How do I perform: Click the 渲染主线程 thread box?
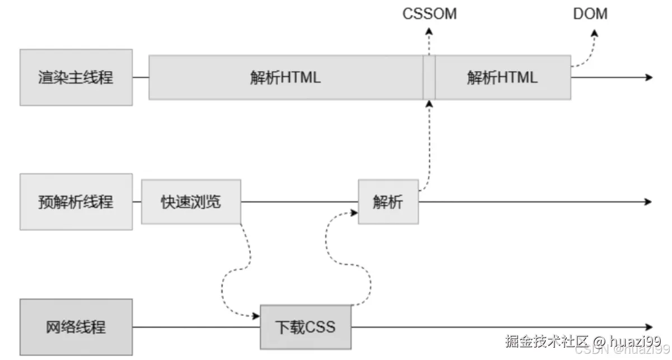click(76, 77)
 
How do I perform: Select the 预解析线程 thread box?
click(76, 202)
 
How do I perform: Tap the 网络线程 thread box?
click(76, 327)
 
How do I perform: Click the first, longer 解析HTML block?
click(286, 77)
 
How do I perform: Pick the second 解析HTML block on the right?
click(503, 77)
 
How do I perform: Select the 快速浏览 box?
click(191, 202)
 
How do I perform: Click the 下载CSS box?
click(306, 327)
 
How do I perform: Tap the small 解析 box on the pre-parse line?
click(388, 202)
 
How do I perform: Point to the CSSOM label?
click(430, 14)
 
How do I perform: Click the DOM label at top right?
click(590, 14)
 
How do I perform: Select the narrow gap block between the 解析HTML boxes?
click(430, 77)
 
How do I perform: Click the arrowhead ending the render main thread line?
click(649, 77)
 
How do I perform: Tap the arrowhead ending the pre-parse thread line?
click(649, 202)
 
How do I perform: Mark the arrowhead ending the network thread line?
click(649, 327)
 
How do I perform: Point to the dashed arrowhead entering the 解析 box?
click(354, 213)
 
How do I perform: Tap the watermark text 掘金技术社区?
click(547, 340)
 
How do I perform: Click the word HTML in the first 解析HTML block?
click(301, 77)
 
